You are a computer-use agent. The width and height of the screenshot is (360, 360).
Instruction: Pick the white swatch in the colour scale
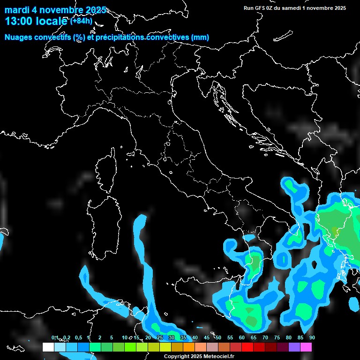click(48, 347)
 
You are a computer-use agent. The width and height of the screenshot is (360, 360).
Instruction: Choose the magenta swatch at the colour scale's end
click(306, 347)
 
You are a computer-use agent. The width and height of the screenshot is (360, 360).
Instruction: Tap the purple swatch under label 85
click(294, 347)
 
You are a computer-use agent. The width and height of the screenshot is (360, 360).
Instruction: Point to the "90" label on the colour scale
click(312, 337)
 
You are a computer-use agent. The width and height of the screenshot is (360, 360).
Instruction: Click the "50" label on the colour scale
click(218, 337)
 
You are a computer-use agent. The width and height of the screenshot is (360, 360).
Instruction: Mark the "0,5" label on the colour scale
click(78, 337)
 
